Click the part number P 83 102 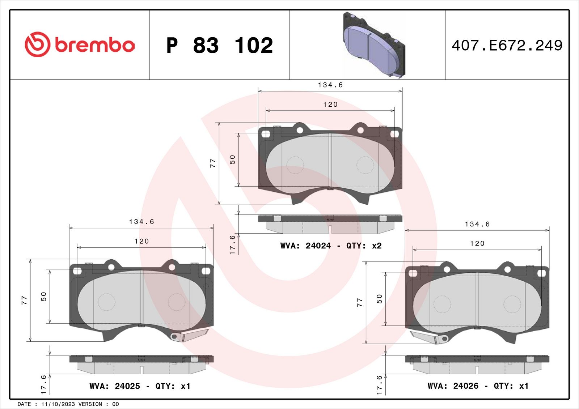[x=220, y=46]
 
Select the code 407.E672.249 [x=507, y=46]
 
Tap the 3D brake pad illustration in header [x=374, y=45]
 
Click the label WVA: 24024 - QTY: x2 [x=331, y=246]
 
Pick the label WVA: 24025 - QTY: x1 [x=140, y=386]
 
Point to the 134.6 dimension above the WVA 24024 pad [x=330, y=85]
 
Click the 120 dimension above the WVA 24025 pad [x=141, y=241]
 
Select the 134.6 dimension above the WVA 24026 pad [x=477, y=224]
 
